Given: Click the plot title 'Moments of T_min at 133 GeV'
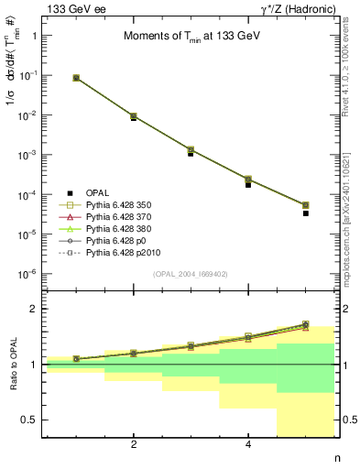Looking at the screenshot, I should click(189, 37).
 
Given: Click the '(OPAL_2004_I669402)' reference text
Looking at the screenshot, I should click(189, 274).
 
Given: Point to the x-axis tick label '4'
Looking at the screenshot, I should click(248, 444).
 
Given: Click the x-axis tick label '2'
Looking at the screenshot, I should click(134, 444).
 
